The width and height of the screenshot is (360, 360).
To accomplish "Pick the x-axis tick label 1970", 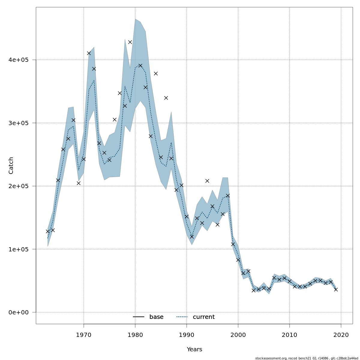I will pos(84,334).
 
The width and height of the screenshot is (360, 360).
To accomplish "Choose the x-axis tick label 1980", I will pos(135,334).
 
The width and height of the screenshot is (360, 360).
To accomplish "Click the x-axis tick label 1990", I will pos(187,334).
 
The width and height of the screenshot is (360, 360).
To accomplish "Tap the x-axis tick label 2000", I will pos(238,334).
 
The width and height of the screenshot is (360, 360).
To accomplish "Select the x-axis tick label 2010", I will pos(290,334).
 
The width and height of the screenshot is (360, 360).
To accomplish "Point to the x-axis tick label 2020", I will pos(341,334).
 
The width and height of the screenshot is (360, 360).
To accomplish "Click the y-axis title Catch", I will pos(11,165).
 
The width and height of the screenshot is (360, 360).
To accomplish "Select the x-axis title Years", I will pos(194,349).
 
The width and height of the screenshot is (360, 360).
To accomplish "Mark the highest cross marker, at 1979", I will pos(130,42).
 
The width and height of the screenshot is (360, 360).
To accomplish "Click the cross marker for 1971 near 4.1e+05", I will pos(89,53).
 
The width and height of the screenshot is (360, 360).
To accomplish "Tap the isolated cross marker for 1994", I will pos(207,181).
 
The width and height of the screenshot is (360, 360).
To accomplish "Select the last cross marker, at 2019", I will pos(336,289).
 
